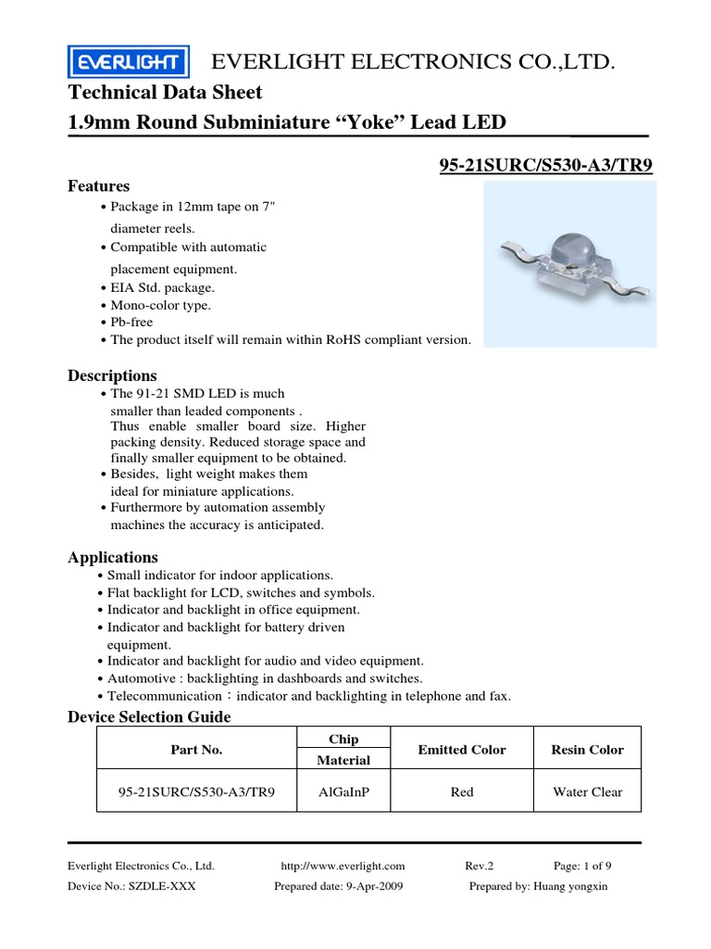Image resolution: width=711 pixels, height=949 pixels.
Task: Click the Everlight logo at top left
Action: [x=129, y=63]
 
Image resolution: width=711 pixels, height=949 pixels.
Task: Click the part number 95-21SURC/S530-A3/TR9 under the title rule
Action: [x=545, y=166]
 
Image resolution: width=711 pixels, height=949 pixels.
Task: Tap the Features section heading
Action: [x=99, y=186]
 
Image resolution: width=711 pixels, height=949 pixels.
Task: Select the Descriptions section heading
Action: [x=112, y=375]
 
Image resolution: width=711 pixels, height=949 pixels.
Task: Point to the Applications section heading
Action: [x=113, y=557]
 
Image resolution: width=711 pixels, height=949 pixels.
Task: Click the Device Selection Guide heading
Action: [x=149, y=717]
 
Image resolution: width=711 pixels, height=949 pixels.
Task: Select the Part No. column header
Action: [x=196, y=750]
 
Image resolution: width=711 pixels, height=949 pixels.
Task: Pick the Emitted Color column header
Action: [x=462, y=750]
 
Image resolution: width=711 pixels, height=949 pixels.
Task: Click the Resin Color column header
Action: [x=587, y=750]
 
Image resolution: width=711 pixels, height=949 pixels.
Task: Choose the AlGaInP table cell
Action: [x=343, y=792]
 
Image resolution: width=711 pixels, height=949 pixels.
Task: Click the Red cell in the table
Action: [x=462, y=792]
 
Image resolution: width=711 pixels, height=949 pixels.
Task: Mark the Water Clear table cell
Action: [x=587, y=792]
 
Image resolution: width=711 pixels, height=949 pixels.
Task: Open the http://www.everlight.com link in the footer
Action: [x=343, y=866]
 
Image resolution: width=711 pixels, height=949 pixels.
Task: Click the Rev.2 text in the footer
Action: [x=480, y=866]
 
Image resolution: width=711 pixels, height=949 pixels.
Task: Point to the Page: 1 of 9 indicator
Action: [x=582, y=866]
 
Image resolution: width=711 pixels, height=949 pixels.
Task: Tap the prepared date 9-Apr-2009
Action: [x=338, y=886]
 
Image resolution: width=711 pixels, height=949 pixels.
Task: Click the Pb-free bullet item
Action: [x=131, y=323]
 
